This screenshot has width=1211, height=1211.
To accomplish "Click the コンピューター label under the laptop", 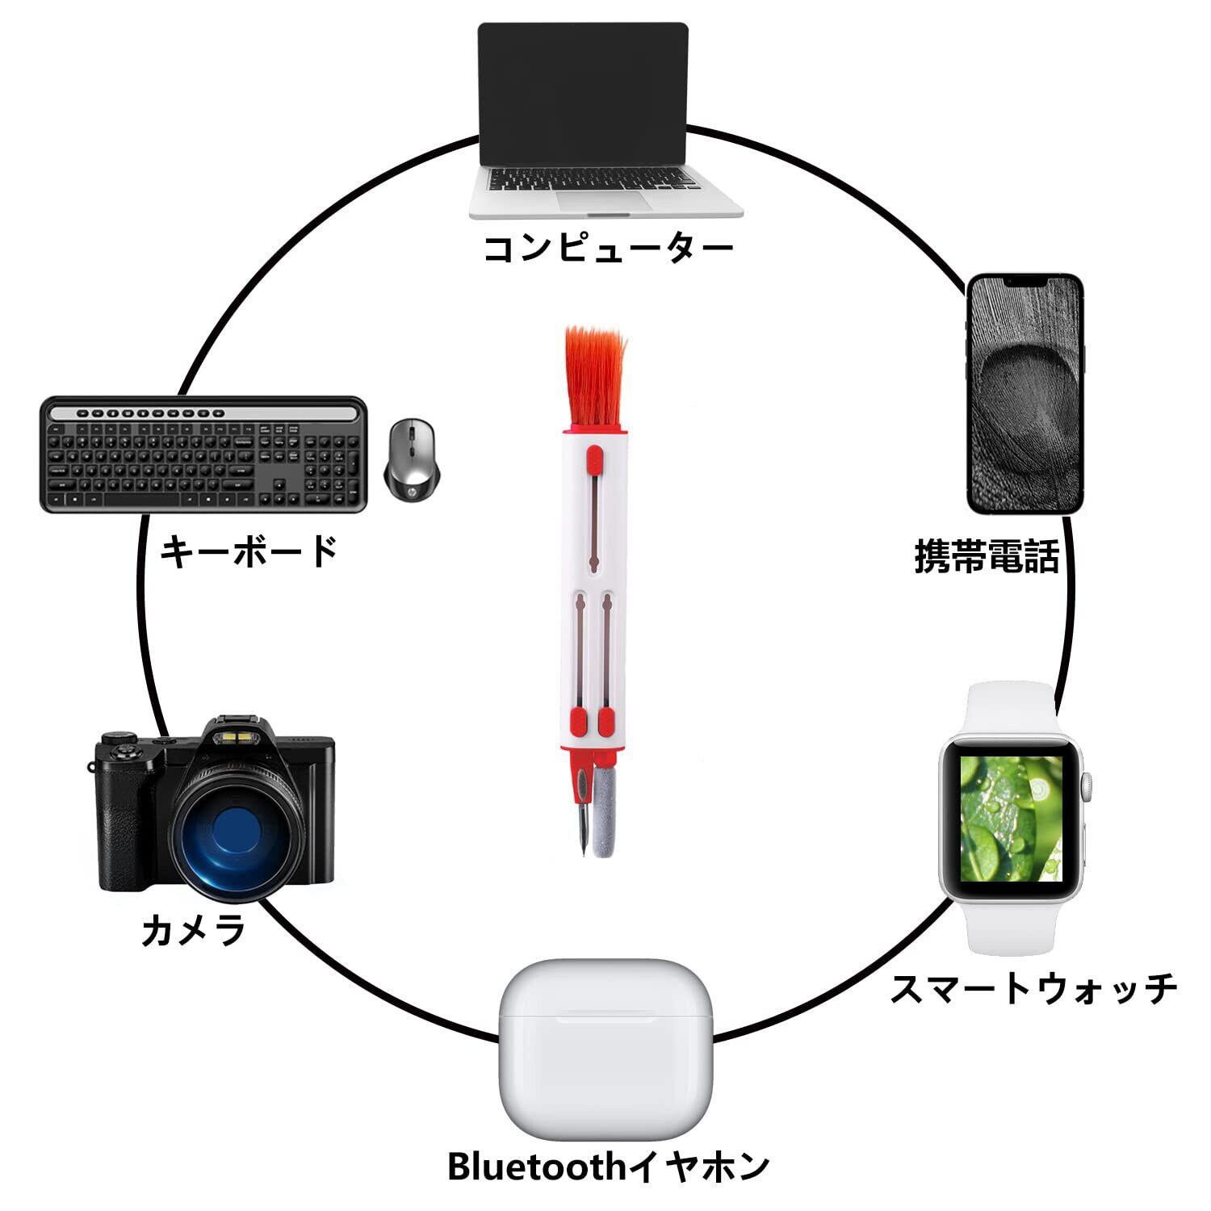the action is (x=607, y=249).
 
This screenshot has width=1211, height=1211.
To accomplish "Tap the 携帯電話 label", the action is (x=986, y=556).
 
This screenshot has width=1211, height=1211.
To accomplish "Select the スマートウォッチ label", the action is (x=1034, y=990).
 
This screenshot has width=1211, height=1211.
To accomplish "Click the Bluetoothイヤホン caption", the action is (x=609, y=1167).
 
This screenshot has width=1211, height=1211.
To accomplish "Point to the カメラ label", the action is (x=194, y=929).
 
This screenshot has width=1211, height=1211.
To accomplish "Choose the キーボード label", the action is (x=249, y=552).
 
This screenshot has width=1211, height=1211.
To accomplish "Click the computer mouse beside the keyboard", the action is (x=412, y=458).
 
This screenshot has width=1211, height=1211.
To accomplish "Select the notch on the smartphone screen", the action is (x=1025, y=283).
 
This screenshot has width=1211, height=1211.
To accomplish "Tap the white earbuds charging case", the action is (x=605, y=1050).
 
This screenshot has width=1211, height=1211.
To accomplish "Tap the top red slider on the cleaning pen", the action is (x=593, y=461).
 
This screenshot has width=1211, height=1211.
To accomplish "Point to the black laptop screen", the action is (x=583, y=93).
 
